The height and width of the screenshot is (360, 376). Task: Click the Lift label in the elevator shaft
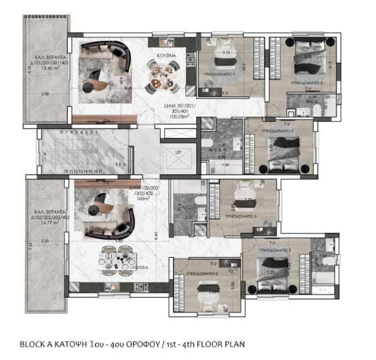[x=177, y=153]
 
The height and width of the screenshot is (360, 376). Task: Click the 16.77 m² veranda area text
[x=49, y=216]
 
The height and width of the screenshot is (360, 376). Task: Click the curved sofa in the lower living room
[x=120, y=218]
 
